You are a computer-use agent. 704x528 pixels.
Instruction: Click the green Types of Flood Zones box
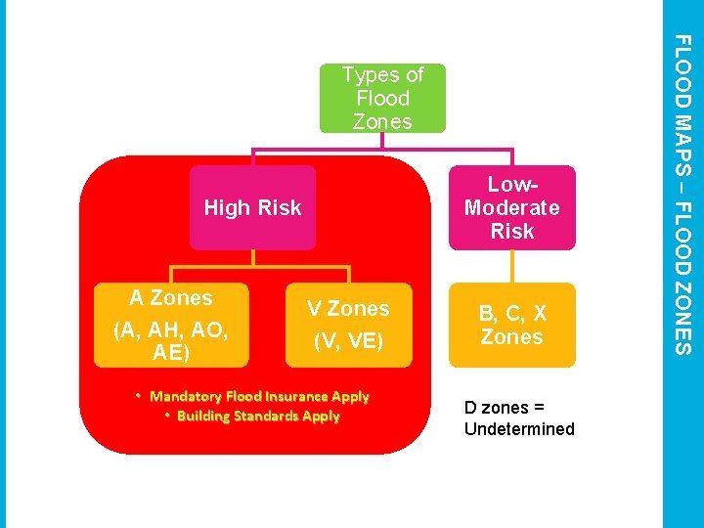point(382,98)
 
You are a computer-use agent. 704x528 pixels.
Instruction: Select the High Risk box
point(252,207)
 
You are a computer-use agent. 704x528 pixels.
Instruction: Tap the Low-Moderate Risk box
point(511,207)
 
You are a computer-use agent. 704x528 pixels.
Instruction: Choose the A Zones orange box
point(171,324)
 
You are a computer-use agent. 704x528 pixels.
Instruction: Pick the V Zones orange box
point(348,324)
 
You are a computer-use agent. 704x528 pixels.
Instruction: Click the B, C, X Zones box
point(511,325)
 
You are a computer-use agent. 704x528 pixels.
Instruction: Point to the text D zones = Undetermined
point(519,418)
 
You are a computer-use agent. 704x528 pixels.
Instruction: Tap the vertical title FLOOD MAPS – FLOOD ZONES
point(683,196)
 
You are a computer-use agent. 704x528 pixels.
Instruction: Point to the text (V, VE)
point(348,342)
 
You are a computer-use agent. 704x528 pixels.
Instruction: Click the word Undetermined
point(519,429)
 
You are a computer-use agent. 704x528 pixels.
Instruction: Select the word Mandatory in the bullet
point(185,396)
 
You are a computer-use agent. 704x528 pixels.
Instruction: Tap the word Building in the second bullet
point(202,416)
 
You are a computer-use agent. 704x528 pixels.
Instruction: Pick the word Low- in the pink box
point(512,185)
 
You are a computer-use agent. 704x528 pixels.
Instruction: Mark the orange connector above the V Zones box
point(349,274)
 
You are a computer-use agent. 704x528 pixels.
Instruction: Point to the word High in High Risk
point(225,207)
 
